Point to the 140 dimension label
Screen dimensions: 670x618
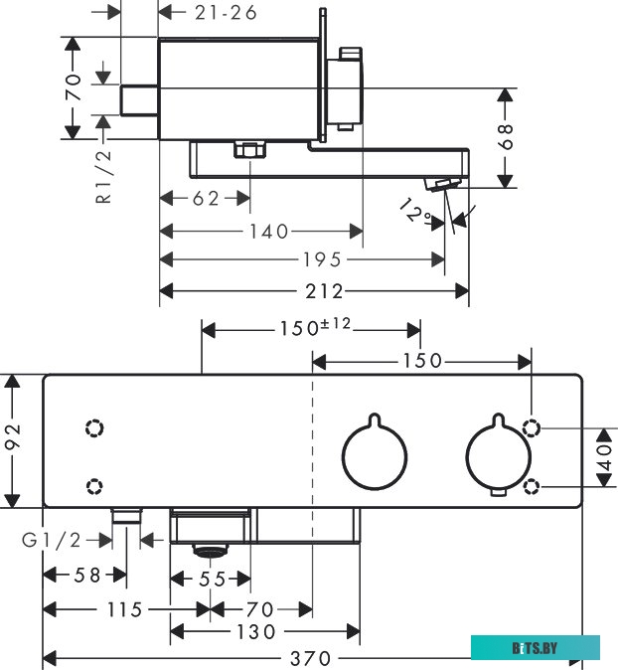click(267, 231)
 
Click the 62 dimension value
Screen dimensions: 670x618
click(206, 199)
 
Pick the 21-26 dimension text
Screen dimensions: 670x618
click(226, 12)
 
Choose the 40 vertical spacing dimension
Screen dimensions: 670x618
click(602, 457)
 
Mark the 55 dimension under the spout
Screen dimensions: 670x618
click(210, 579)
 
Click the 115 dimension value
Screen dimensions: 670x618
click(123, 608)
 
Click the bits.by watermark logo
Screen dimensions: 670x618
click(536, 648)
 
